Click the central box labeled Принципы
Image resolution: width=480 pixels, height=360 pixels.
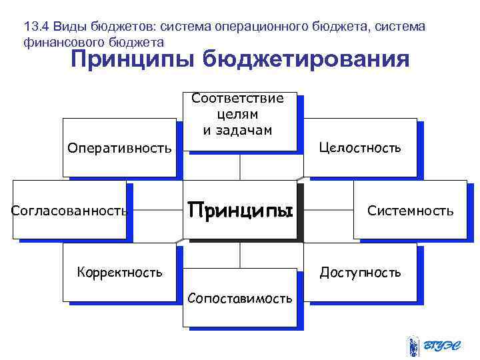tap(240, 211)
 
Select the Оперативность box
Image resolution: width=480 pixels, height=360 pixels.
tap(119, 147)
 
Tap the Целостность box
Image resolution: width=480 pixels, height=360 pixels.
tap(360, 147)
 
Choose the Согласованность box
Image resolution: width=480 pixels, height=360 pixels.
tap(69, 211)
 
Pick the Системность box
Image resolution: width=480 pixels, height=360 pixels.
tap(410, 211)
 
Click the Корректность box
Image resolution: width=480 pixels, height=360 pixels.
tap(119, 272)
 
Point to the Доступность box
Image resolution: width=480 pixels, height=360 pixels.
tap(360, 272)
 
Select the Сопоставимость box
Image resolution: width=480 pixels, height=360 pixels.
tap(240, 298)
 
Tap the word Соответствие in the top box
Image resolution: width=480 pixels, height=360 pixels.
tap(237, 99)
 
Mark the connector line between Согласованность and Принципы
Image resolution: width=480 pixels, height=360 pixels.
tap(154, 211)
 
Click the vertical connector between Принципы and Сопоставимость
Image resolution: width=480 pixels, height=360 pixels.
tap(240, 255)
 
